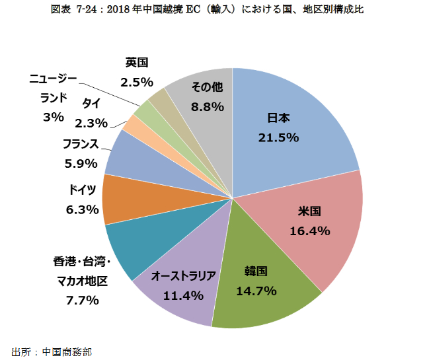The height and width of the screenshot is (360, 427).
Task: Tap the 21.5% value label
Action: point(278,137)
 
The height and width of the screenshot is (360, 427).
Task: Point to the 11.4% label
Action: point(184,295)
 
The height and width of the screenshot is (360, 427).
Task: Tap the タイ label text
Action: point(92,103)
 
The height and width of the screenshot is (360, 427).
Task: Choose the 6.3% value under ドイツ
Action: point(83,210)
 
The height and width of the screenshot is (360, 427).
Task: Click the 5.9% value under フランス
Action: point(81,163)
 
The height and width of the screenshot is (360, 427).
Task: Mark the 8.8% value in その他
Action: point(206,106)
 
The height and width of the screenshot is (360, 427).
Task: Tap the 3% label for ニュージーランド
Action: point(53,117)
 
